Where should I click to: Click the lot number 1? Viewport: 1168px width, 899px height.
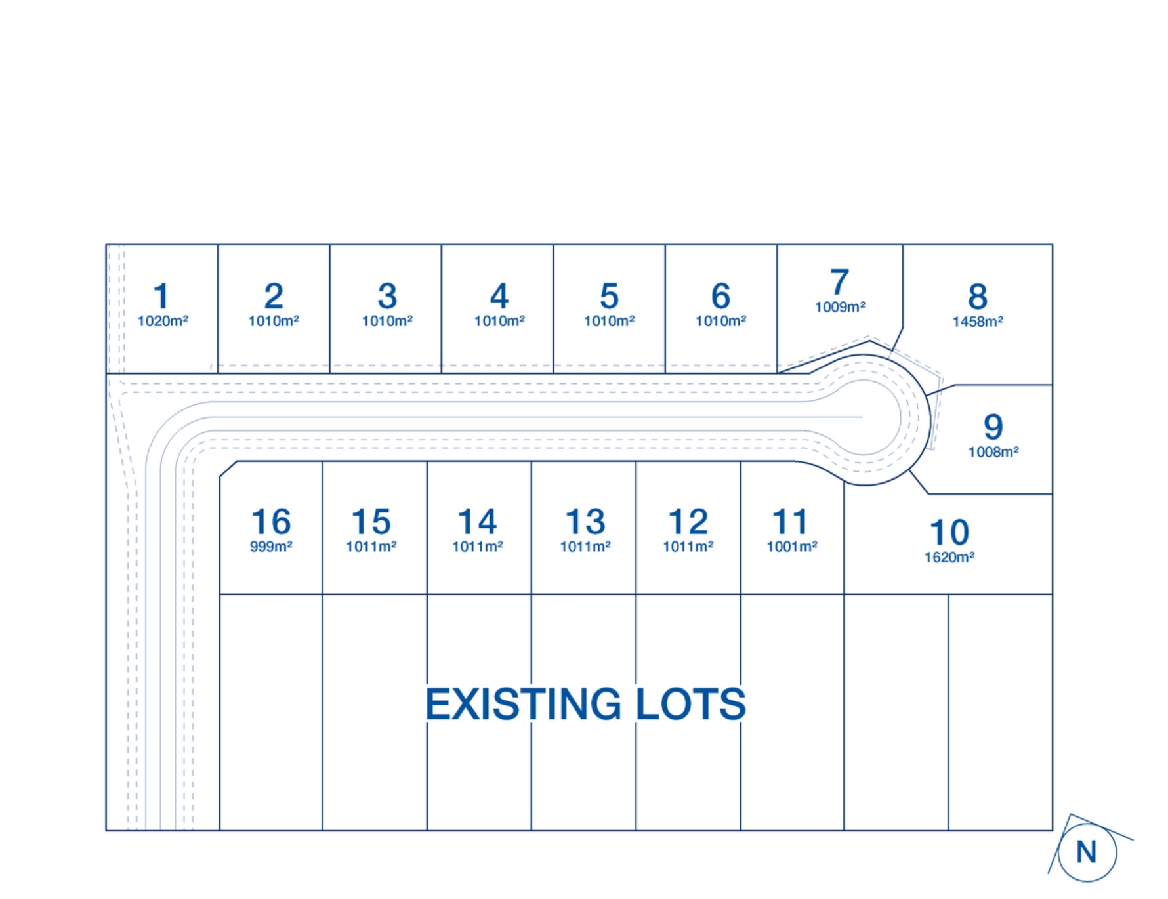161,296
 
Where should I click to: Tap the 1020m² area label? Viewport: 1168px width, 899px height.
162,321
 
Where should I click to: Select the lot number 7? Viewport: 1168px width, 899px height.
839,283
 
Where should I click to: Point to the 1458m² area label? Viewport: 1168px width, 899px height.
977,322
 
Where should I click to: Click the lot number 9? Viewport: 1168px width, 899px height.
993,427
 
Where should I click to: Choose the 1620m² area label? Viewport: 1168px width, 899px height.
949,558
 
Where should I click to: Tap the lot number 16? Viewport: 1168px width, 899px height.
270,522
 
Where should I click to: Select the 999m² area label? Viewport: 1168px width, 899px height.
270,547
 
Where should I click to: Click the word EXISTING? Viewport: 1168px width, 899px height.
522,704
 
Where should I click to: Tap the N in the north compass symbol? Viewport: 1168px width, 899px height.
1087,852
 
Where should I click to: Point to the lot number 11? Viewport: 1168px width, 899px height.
790,522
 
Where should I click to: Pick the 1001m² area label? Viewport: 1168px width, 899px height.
791,547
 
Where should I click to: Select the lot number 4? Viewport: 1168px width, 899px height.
499,297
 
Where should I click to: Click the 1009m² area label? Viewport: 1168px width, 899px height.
839,307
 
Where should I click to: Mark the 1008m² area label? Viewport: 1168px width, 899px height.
993,452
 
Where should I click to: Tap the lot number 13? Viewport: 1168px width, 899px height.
585,522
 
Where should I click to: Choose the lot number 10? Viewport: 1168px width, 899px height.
949,533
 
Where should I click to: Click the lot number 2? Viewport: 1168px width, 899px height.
274,297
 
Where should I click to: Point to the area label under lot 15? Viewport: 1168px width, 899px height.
371,547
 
